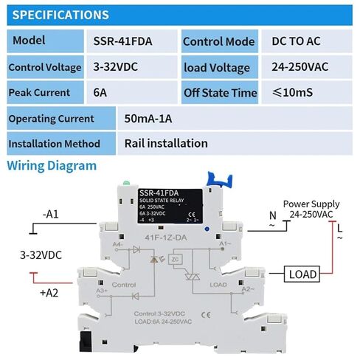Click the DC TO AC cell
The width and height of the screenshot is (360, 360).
coord(299,42)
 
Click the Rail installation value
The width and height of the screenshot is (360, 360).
coord(165,143)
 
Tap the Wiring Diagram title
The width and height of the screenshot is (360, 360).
coord(52,165)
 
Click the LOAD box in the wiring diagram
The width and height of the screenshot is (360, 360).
coord(302,274)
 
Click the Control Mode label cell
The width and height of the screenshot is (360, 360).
coord(218,42)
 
